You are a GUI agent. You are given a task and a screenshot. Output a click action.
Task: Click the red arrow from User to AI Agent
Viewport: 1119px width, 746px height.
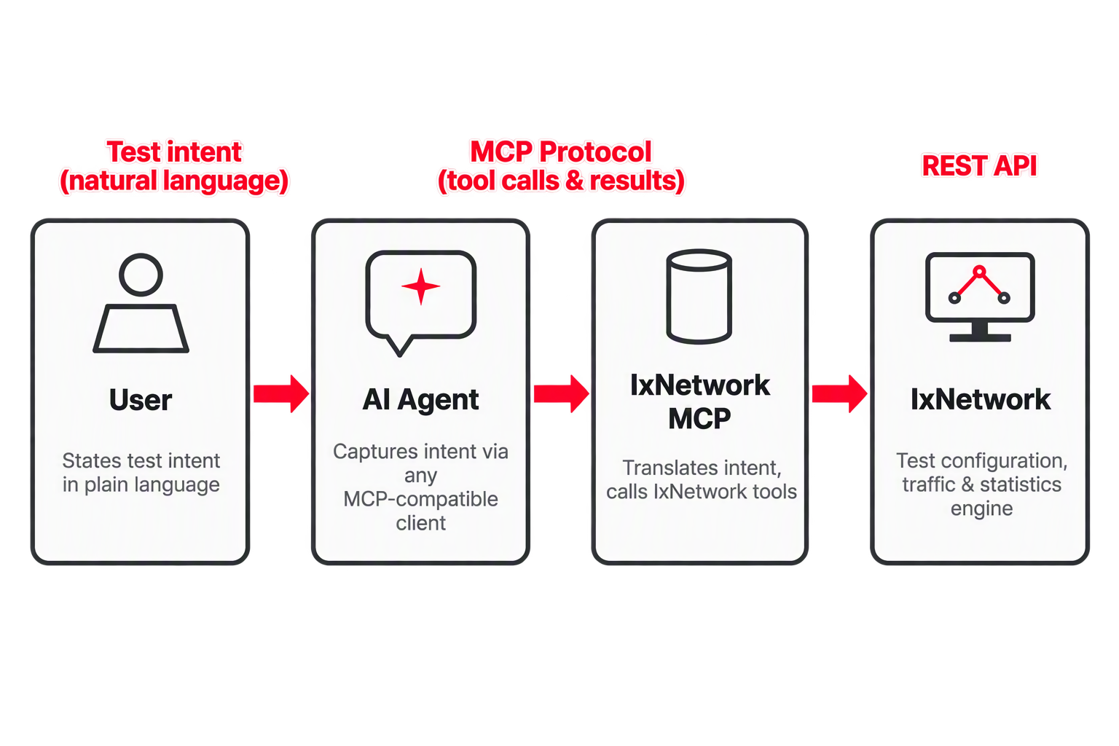[x=281, y=393]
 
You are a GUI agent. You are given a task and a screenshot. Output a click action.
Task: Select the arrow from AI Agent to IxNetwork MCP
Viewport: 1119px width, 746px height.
[x=562, y=393]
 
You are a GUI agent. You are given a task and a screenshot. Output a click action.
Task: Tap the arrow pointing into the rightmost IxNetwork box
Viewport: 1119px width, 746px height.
[x=840, y=393]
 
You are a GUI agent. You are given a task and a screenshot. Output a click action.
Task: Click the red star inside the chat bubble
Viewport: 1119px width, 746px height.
[x=420, y=286]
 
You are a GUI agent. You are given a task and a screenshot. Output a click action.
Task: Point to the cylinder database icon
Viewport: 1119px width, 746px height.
[x=699, y=297]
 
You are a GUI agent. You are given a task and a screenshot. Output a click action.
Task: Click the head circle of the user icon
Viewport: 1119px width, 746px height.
[x=141, y=275]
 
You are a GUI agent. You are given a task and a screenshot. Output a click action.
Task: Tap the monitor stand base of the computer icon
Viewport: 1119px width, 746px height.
[x=980, y=338]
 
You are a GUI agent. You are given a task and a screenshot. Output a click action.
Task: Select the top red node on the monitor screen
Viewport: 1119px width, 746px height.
[x=980, y=272]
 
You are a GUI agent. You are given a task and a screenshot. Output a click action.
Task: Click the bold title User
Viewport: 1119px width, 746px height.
[x=141, y=400]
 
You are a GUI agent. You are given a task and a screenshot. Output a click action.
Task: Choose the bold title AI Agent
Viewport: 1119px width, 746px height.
[x=420, y=400]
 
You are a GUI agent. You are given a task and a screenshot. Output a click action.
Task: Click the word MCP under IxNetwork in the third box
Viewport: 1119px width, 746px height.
[x=699, y=418]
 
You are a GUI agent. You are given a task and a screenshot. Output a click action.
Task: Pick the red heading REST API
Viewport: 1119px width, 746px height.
[x=979, y=166]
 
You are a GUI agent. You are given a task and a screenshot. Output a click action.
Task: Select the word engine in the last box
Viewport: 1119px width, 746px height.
[x=981, y=509]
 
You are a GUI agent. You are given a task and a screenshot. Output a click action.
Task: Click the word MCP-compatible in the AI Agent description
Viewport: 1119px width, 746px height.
[x=420, y=499]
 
